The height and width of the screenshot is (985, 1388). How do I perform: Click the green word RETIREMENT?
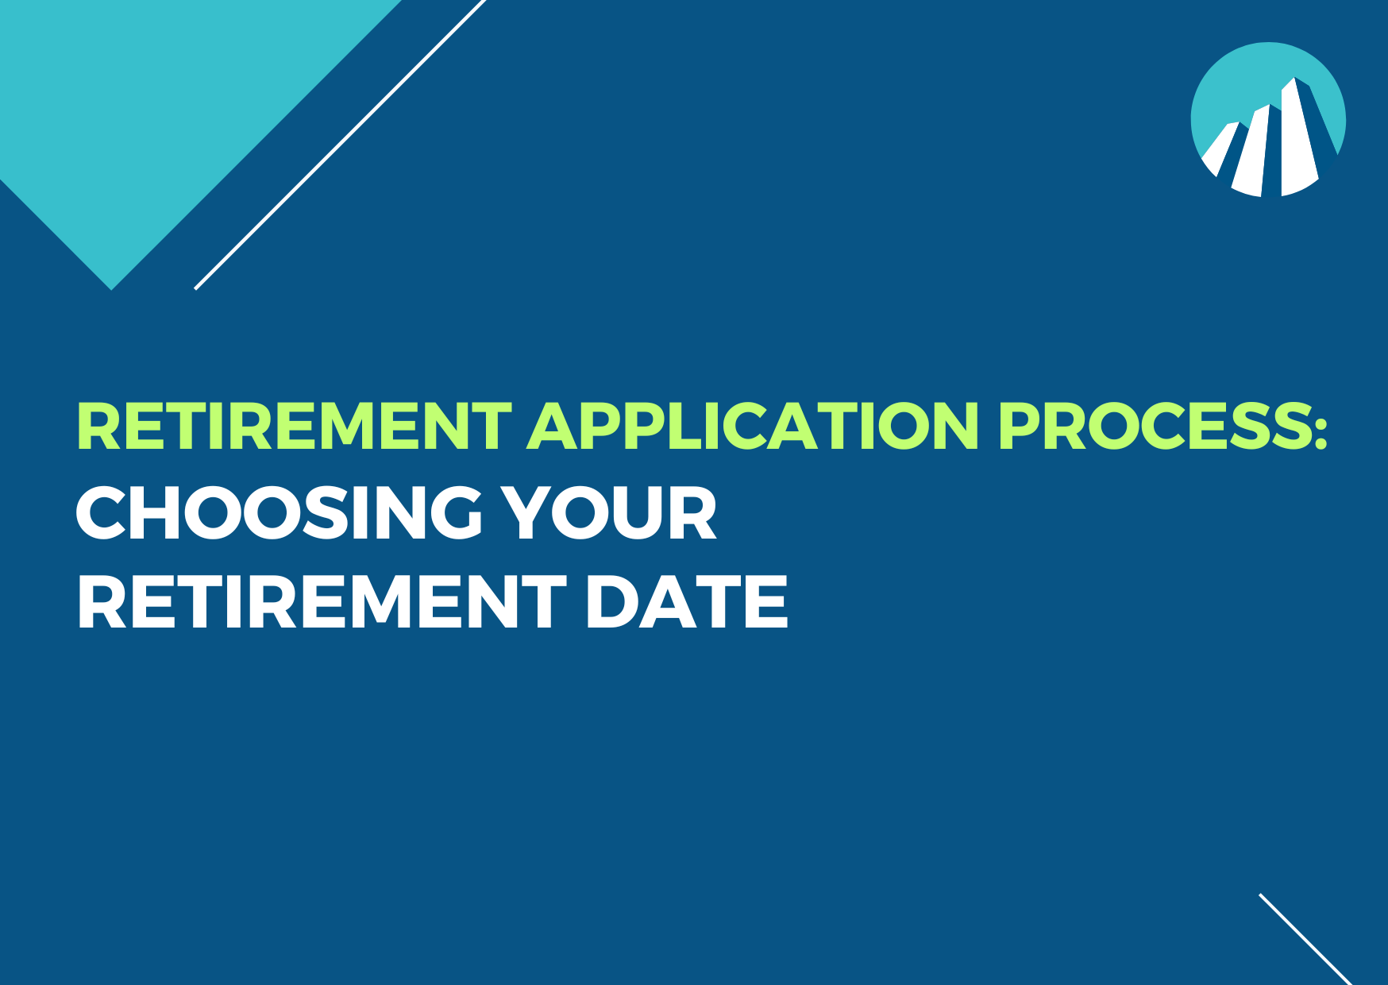pos(294,427)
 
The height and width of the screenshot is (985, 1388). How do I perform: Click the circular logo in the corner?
pos(1268,119)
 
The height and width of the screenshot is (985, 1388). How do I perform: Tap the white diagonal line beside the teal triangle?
pos(340,144)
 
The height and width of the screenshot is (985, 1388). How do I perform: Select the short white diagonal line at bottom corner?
pos(1305,938)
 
